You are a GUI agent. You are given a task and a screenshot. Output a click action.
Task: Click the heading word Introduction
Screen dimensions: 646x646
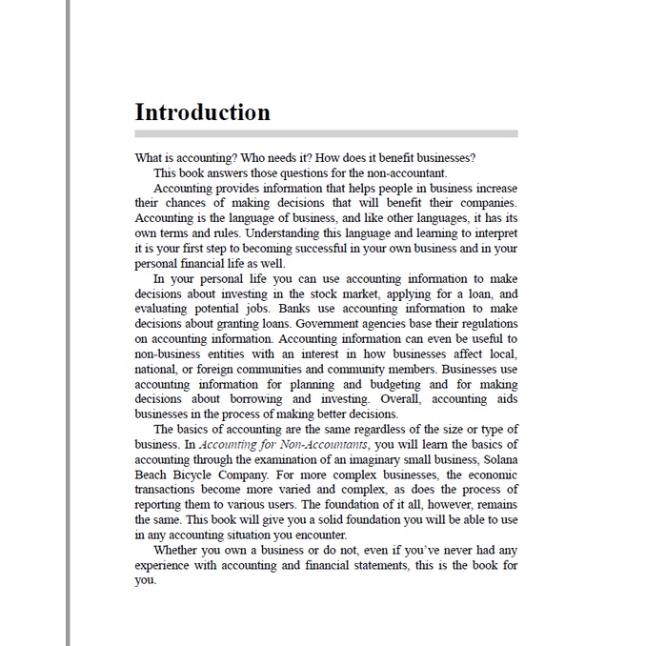(x=202, y=112)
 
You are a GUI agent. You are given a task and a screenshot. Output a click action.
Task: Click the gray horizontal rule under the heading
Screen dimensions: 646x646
(x=326, y=134)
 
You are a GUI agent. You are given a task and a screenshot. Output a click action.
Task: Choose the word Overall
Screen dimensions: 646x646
(x=400, y=399)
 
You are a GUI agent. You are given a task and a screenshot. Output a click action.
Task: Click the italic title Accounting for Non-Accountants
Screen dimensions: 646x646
(x=284, y=445)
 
